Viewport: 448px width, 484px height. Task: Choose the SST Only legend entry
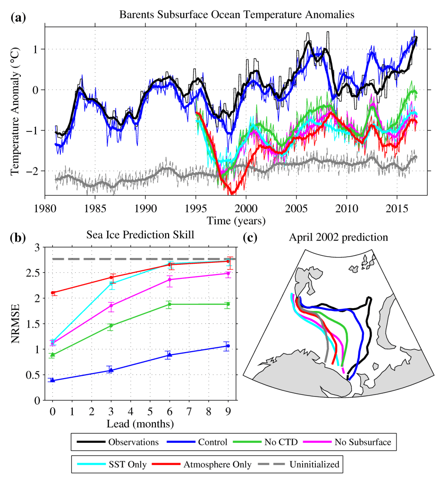point(118,465)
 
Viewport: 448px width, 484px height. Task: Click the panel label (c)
point(250,237)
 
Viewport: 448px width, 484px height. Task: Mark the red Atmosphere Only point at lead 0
point(52,293)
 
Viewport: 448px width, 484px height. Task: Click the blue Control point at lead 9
point(228,346)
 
